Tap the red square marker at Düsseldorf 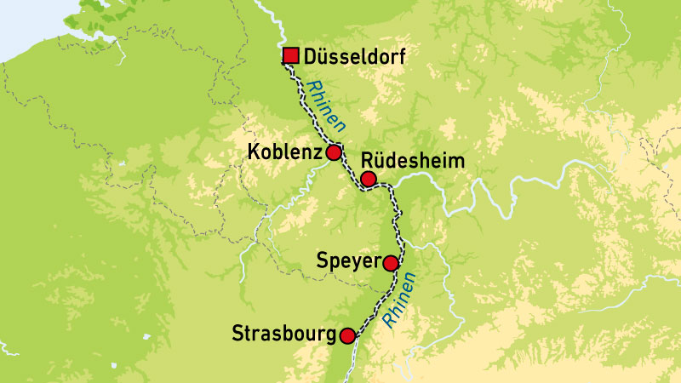coord(290,57)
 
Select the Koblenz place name coord(283,152)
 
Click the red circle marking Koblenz coord(334,152)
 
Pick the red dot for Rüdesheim coord(368,179)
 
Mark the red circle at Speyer coord(391,263)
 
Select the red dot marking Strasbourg coord(347,335)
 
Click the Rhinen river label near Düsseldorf coord(328,105)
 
